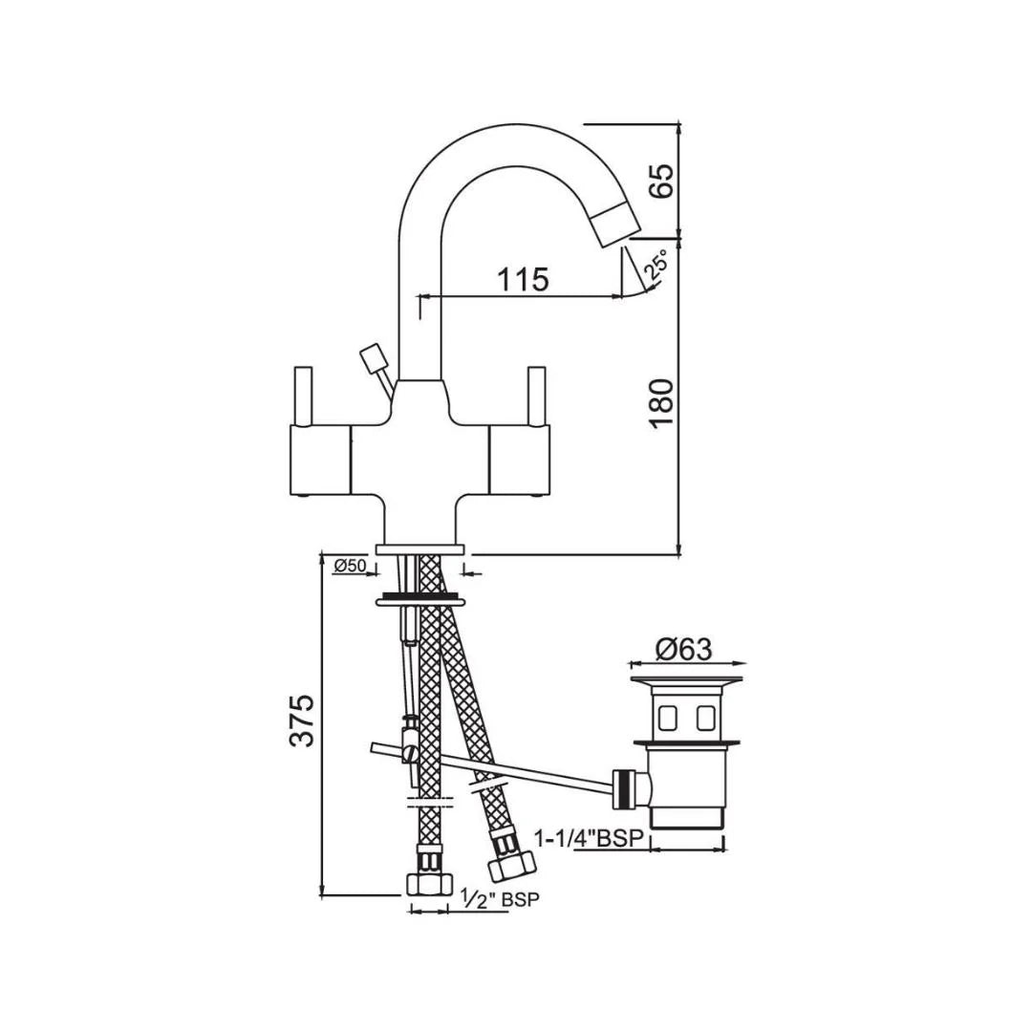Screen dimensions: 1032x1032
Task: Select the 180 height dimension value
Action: tap(662, 403)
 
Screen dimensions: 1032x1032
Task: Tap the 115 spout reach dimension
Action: tap(523, 280)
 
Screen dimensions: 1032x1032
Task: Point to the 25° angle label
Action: tap(656, 266)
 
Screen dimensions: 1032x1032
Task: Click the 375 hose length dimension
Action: tap(302, 720)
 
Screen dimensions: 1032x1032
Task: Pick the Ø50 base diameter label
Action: tap(351, 567)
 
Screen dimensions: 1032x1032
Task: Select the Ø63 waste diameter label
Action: tap(684, 649)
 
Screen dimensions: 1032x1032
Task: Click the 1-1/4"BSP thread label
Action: tap(590, 838)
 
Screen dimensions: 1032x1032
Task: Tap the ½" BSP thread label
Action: tap(499, 899)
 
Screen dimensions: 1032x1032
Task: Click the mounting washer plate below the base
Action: tap(420, 601)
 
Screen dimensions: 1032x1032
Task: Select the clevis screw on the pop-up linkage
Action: tap(412, 754)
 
